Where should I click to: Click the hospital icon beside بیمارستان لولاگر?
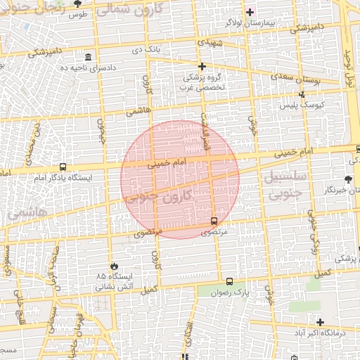click(x=250, y=12)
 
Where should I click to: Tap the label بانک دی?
click(x=147, y=51)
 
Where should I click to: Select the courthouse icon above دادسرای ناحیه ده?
click(x=87, y=57)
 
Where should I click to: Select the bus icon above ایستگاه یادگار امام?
click(x=63, y=167)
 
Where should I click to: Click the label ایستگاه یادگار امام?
click(x=64, y=179)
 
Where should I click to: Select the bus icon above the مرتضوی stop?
click(x=214, y=221)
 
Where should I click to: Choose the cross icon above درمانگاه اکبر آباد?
click(x=320, y=322)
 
